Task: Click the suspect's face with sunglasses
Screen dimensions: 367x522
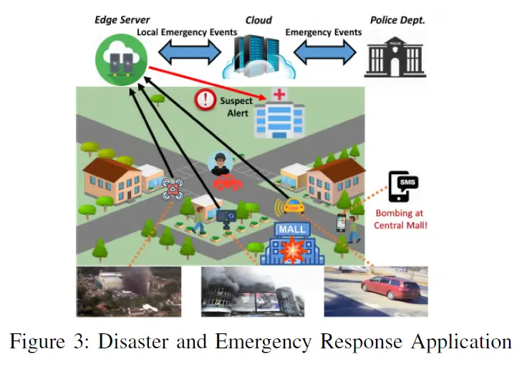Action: [x=218, y=163]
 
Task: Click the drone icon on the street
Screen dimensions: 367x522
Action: [x=173, y=189]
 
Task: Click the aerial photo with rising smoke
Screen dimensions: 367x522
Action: [x=129, y=292]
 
